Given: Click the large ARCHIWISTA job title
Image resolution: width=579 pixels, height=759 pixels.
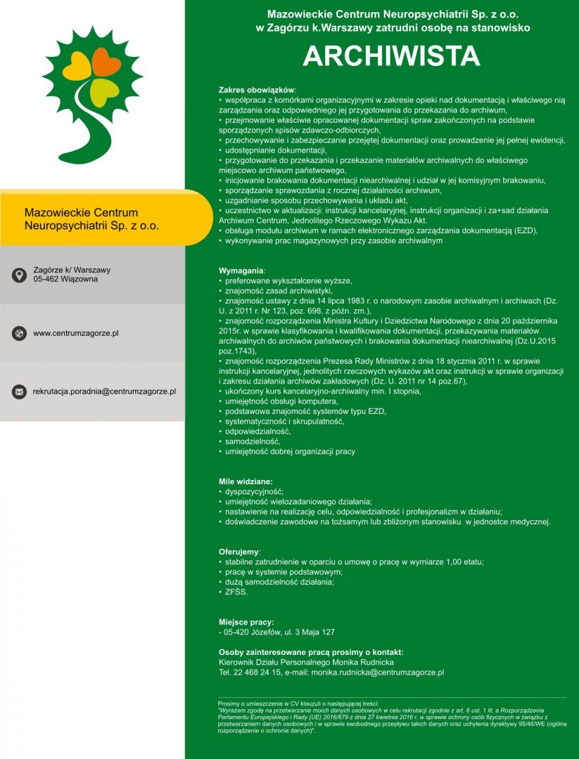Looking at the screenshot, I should (x=391, y=56).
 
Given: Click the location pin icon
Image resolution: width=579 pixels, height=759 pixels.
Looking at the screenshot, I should (x=19, y=275).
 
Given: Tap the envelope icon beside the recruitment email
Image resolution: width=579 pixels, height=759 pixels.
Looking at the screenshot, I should (x=19, y=391).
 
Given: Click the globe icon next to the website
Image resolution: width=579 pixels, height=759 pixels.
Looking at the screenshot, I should (x=19, y=333).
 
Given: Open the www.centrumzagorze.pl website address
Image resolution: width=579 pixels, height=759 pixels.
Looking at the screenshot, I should (x=75, y=333).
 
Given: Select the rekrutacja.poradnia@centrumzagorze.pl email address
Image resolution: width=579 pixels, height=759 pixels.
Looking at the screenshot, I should (x=104, y=391).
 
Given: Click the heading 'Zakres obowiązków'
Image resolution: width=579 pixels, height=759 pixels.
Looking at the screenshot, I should (x=257, y=91).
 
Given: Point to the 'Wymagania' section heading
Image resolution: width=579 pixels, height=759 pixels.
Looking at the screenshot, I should (x=242, y=270).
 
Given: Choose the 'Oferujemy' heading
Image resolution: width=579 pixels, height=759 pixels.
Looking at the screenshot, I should (x=239, y=552).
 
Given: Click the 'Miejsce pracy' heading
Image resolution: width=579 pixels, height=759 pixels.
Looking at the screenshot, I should (x=244, y=622).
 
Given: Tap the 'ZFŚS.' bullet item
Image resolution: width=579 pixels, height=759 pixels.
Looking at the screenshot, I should (x=236, y=592).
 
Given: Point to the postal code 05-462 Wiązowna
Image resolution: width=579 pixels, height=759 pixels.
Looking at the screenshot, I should (x=65, y=279).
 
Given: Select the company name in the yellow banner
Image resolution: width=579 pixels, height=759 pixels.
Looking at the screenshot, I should (x=91, y=219).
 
